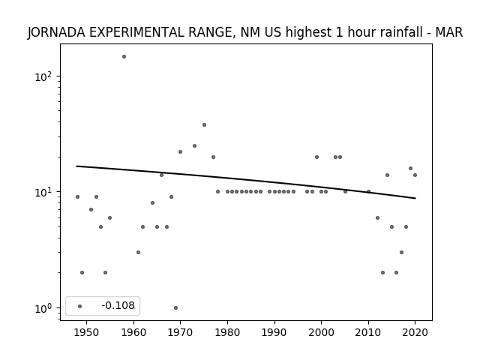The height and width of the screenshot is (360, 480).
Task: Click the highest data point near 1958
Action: point(124,57)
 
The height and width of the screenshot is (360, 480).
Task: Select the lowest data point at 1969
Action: point(175,308)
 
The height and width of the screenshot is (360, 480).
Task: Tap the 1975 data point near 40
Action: point(204,125)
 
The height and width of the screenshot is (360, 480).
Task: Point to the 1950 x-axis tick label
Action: point(87,332)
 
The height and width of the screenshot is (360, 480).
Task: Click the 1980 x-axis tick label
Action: point(227,332)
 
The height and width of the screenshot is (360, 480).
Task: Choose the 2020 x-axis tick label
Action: point(415,332)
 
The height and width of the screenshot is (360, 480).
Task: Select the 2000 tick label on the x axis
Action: point(322,332)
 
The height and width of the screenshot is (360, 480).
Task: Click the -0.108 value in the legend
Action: point(118,305)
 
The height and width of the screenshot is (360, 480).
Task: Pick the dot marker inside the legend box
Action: point(80,306)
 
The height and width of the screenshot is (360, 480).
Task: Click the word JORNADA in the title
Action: point(56,32)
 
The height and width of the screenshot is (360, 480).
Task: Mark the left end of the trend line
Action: point(76,166)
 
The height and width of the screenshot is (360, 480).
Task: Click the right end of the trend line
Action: point(415,198)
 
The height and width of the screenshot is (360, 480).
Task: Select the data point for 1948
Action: point(77,196)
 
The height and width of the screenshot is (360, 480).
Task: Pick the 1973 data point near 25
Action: point(194,146)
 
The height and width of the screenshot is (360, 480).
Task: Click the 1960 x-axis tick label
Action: point(133,332)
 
